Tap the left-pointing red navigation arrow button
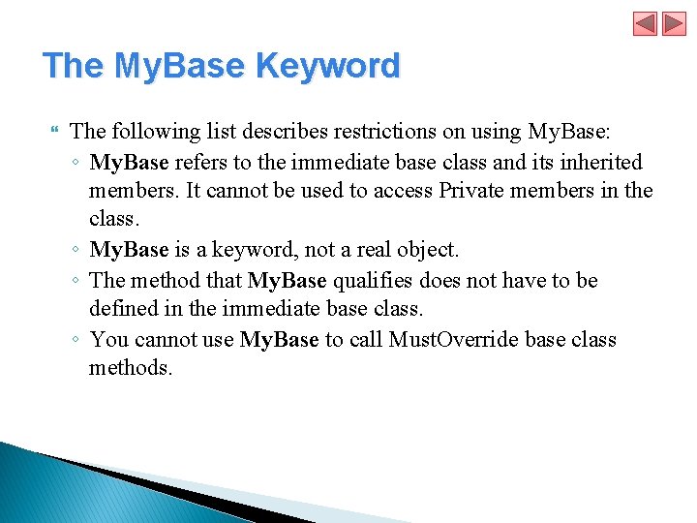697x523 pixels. [646, 24]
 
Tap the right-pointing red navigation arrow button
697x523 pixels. [674, 24]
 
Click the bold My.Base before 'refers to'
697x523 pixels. [130, 162]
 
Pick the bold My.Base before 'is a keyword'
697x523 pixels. [130, 250]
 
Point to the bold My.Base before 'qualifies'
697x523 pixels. [288, 280]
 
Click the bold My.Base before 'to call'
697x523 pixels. [280, 339]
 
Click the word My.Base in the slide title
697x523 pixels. [182, 66]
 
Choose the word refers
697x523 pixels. [200, 162]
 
